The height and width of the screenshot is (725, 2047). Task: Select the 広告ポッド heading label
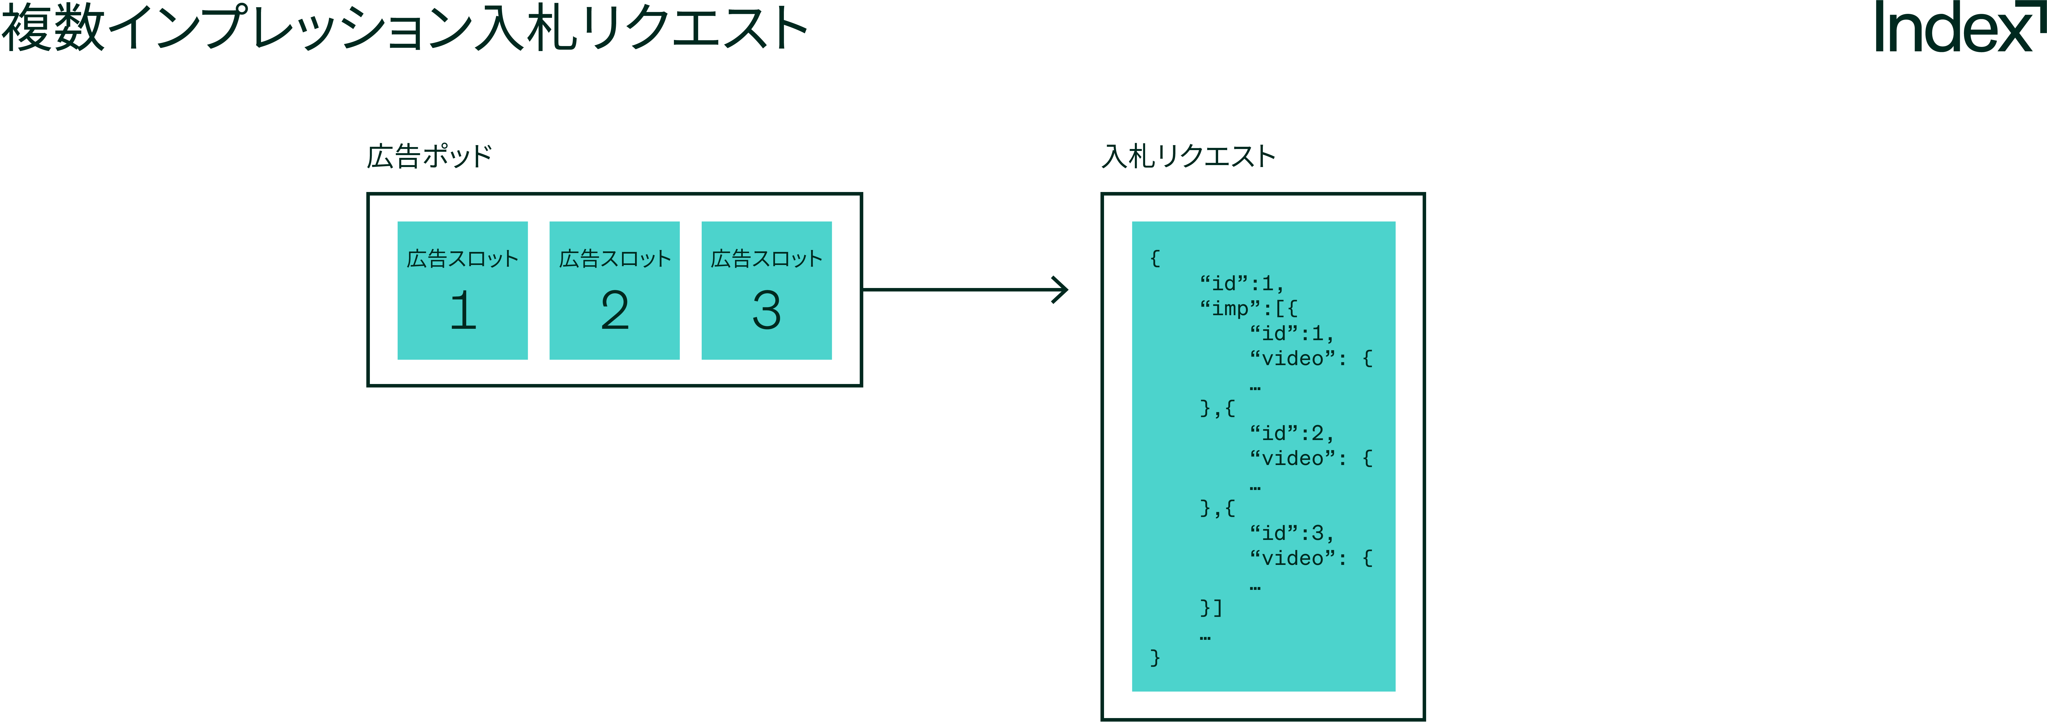pos(429,156)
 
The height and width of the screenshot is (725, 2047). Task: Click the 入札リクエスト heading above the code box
pos(1188,156)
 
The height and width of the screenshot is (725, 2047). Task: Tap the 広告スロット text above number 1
pos(463,259)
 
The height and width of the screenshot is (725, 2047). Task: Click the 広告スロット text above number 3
pos(767,259)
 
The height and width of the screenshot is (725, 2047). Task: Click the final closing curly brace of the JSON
pos(1155,658)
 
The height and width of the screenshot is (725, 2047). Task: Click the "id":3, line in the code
pos(1291,533)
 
